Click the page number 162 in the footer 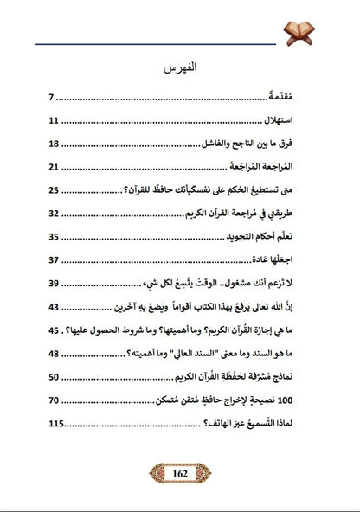[x=180, y=475]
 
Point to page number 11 [x=54, y=121]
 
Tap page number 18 [x=54, y=144]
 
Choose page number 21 [x=54, y=168]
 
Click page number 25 [x=54, y=191]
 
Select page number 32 [x=54, y=214]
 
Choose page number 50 [x=54, y=378]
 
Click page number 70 [x=54, y=401]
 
